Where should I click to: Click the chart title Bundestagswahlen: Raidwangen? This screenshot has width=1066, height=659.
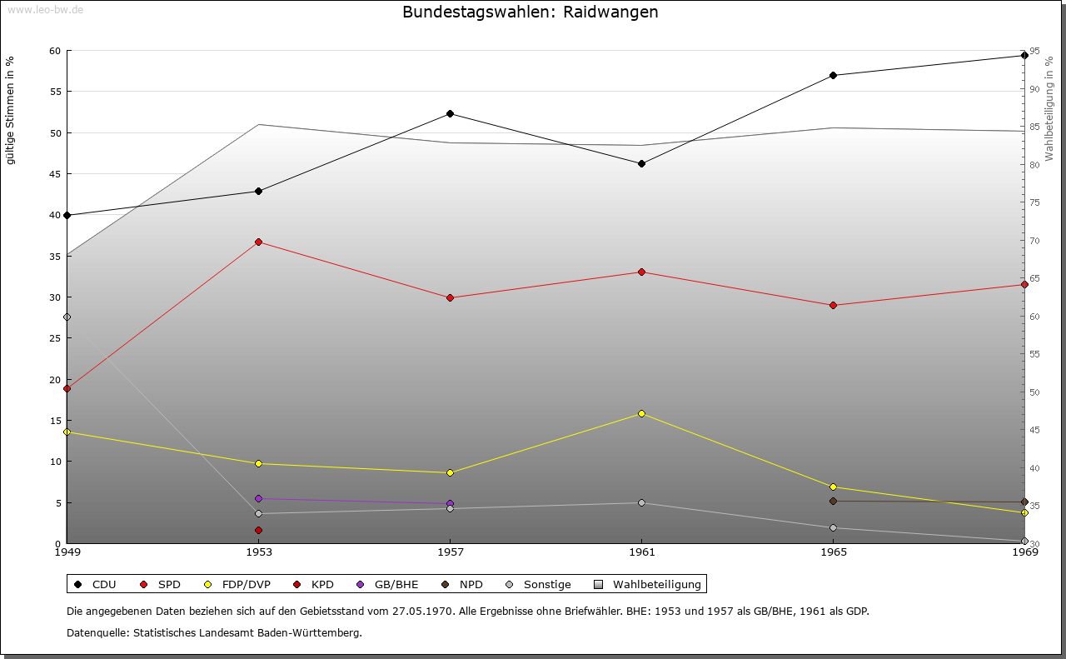point(530,12)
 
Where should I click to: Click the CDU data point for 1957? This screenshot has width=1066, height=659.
point(450,113)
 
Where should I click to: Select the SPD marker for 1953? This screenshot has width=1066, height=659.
point(258,242)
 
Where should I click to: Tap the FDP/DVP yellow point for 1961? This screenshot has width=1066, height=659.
point(641,413)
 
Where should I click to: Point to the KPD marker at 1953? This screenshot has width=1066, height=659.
point(258,530)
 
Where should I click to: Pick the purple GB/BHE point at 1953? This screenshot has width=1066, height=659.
point(258,498)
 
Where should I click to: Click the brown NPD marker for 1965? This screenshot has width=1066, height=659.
point(833,501)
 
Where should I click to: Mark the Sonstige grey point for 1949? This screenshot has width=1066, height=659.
point(67,317)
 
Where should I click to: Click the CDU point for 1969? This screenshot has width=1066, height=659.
point(1024,56)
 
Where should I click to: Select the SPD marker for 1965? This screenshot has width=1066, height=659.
point(833,305)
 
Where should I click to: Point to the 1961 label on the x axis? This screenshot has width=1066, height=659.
point(641,552)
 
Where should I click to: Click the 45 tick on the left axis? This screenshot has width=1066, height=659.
point(55,174)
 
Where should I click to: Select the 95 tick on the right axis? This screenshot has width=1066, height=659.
point(1034,51)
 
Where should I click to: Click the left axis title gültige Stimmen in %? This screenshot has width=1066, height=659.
point(10,110)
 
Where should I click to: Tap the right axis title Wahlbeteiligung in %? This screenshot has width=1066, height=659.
point(1049,108)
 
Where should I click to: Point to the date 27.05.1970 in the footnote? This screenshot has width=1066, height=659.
point(422,612)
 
